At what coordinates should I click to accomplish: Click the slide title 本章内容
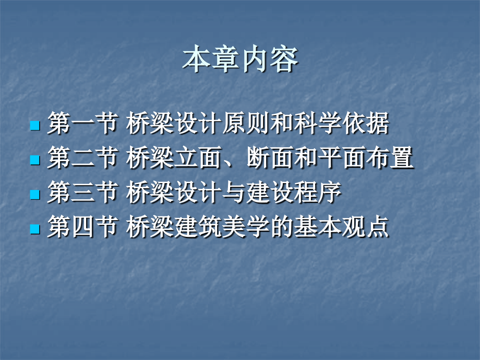point(240,60)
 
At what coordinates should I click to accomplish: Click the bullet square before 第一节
point(35,126)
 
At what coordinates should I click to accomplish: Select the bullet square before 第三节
point(35,195)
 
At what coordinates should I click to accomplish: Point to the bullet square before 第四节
point(35,229)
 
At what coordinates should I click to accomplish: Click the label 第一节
point(81,125)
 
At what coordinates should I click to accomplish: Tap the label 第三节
point(81,194)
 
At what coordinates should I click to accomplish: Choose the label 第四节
point(81,228)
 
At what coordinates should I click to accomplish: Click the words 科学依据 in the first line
point(344,125)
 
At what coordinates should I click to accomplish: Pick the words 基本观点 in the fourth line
point(344,228)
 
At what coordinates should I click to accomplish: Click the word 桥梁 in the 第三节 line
point(150,194)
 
